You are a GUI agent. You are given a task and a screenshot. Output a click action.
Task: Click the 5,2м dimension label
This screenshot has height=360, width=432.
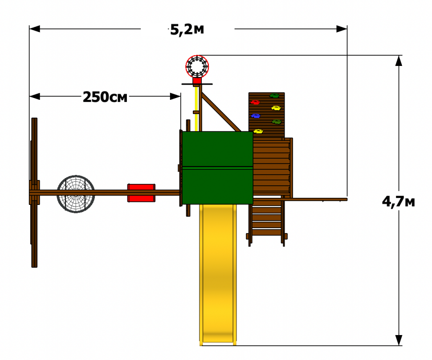[x=187, y=30]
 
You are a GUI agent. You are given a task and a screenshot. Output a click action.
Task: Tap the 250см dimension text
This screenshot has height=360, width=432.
[x=105, y=97]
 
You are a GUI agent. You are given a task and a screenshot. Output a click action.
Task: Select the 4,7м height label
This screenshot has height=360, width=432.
[x=399, y=202]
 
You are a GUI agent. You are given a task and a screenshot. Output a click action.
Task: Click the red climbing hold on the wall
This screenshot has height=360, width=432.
[x=255, y=102]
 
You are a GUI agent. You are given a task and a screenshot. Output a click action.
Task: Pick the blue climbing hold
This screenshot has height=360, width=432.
[x=256, y=116]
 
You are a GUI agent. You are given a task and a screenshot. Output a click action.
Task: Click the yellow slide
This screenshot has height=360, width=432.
[x=218, y=274]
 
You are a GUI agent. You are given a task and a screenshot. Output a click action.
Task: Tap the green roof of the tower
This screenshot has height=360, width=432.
[x=217, y=168]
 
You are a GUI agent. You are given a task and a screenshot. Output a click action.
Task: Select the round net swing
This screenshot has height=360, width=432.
[x=76, y=194]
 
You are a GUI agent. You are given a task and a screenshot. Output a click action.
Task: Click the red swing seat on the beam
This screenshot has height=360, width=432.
[x=141, y=193]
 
